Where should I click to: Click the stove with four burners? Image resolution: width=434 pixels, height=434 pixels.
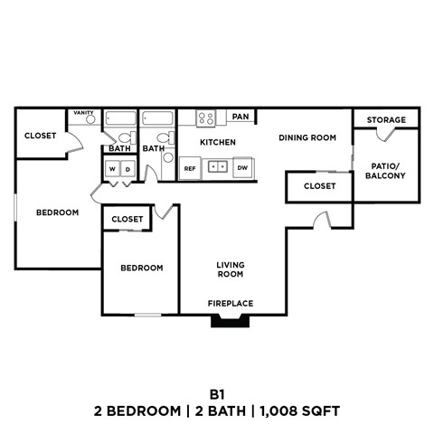point(206,117)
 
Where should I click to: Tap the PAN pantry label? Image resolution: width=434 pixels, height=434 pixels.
point(241,117)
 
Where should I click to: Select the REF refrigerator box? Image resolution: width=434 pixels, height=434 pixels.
point(190,168)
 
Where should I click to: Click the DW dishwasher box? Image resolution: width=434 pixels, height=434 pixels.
point(242,168)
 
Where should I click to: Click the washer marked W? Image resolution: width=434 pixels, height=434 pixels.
point(113,169)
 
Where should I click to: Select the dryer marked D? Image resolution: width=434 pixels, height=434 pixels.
point(127,169)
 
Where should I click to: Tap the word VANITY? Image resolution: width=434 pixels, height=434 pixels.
point(84,113)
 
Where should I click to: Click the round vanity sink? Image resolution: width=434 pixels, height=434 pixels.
point(90,120)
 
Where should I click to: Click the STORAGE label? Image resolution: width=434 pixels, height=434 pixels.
point(386,119)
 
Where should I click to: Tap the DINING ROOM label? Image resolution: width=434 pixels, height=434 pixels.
point(307,137)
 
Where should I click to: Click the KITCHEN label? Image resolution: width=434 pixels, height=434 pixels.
point(217,143)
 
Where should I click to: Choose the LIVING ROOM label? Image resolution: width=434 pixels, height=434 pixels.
point(231,269)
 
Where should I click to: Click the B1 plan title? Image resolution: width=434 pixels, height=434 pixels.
point(217,393)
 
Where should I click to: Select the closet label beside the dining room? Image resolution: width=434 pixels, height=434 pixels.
point(319,186)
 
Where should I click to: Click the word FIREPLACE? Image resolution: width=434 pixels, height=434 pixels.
point(231,303)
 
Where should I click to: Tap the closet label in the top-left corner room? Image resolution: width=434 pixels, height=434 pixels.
point(40,136)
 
